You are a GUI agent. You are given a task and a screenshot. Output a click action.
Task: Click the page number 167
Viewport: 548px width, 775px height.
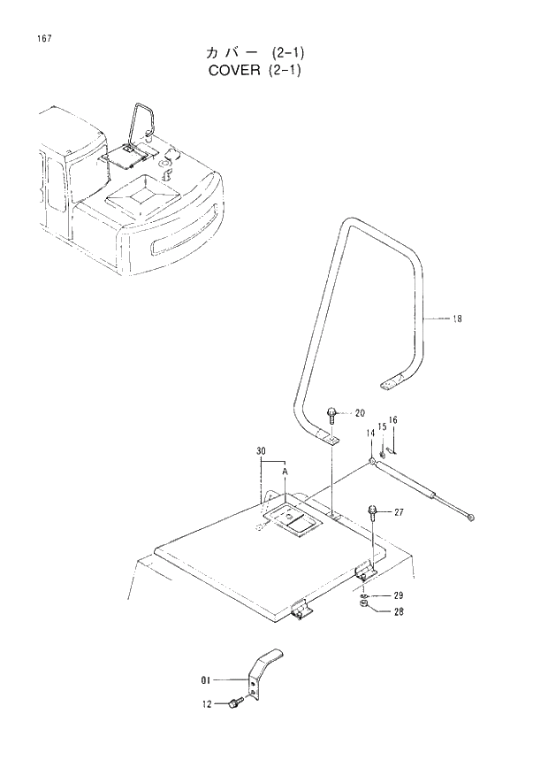tap(43, 40)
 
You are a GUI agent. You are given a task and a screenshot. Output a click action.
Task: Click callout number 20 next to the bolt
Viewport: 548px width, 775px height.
tap(360, 413)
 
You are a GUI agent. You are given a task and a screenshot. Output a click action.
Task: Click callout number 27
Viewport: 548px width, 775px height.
tap(399, 512)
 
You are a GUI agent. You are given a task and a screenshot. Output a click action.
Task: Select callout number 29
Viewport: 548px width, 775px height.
tap(398, 595)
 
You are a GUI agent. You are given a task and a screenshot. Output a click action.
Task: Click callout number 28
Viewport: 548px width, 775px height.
tap(398, 610)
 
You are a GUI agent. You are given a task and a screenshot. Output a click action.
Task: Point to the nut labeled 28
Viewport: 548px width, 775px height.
tap(365, 608)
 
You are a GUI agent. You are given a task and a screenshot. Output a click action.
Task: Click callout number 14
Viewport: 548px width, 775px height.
tap(371, 433)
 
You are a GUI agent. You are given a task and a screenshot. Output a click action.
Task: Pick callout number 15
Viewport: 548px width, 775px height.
tap(382, 426)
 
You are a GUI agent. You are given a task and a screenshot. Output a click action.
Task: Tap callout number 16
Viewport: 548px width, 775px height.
tap(393, 419)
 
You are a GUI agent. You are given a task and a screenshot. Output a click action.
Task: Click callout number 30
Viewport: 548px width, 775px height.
tap(262, 451)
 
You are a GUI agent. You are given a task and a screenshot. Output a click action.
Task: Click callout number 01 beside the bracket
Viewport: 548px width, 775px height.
tap(207, 680)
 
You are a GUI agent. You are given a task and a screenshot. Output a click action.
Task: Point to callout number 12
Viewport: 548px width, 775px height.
tap(207, 704)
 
